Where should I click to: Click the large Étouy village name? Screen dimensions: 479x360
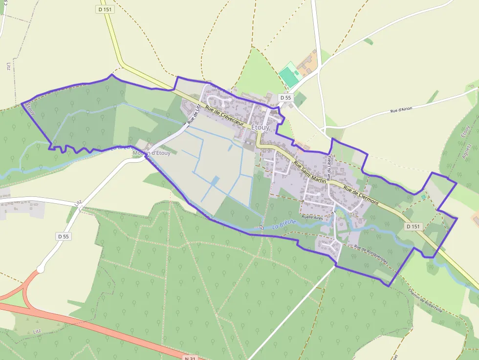click(x=260, y=127)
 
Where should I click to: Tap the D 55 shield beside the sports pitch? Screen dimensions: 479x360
click(x=285, y=98)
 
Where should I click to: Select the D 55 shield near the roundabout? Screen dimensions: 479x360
click(x=64, y=236)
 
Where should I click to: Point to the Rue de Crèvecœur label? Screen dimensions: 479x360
click(x=224, y=116)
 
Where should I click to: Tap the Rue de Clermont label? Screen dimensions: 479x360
click(x=361, y=194)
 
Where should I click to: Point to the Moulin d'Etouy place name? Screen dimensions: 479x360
click(x=152, y=153)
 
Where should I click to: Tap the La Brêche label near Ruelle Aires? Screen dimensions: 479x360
click(x=284, y=224)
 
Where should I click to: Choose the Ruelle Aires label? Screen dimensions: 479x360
click(x=312, y=216)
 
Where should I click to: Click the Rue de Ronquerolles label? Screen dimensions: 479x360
click(x=371, y=254)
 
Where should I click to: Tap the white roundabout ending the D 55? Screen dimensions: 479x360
click(x=41, y=268)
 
